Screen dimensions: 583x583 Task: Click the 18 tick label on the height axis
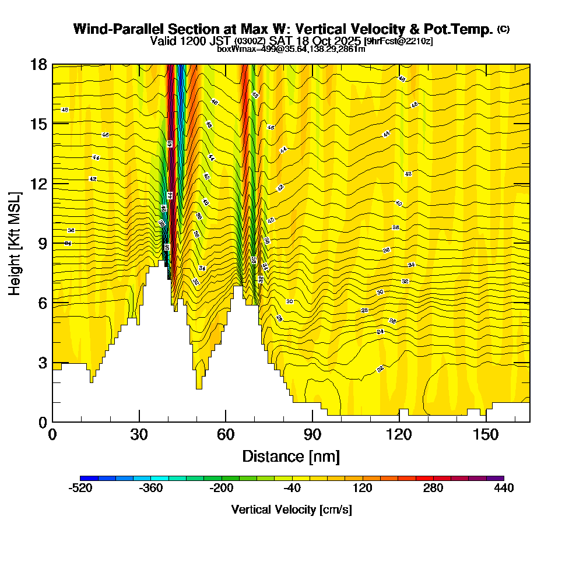38,64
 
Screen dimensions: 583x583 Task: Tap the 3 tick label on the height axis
42,363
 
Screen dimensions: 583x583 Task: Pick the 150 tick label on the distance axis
486,434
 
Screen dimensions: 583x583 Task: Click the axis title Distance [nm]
291,456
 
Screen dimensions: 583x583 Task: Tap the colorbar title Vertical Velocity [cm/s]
291,510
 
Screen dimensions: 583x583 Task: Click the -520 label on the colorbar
81,488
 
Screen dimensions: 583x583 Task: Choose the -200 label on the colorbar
222,488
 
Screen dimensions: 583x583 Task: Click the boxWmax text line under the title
291,49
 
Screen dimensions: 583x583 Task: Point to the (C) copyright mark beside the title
503,29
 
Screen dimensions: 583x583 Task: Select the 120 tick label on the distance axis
399,434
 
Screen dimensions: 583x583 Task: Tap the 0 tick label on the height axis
42,422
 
